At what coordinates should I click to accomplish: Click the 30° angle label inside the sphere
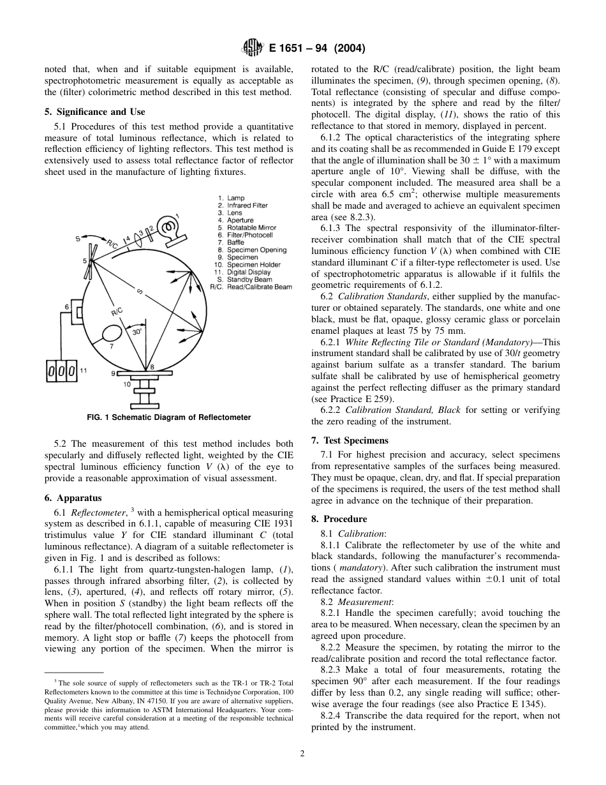pyautogui.click(x=137, y=332)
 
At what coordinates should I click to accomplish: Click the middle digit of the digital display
pyautogui.click(x=63, y=371)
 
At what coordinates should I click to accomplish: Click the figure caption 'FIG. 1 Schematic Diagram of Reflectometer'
pyautogui.click(x=168, y=417)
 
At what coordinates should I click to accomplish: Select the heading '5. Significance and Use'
pyautogui.click(x=94, y=112)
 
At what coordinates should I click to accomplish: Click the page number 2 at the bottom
pyautogui.click(x=302, y=753)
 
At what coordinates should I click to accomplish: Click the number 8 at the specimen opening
pyautogui.click(x=152, y=366)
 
